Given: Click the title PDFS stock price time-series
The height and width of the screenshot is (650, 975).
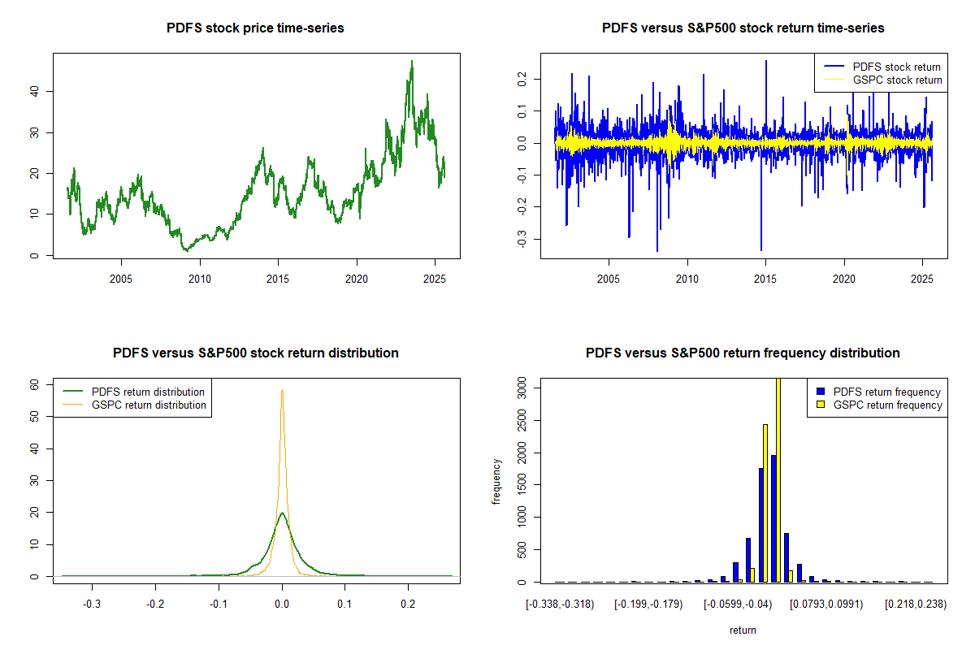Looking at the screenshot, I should [255, 28].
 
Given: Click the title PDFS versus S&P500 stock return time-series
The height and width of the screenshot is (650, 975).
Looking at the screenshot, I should [743, 28].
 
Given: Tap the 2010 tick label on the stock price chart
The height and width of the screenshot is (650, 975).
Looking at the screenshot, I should [200, 279].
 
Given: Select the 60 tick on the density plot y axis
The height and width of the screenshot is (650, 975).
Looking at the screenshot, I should [35, 384].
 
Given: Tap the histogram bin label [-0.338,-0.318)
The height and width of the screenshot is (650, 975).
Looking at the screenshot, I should [560, 604].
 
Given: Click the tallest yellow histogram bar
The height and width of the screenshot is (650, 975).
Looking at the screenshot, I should [778, 479].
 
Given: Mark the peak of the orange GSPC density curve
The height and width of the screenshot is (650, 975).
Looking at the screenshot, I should [282, 391].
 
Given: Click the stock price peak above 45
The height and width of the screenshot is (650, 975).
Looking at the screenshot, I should [412, 62].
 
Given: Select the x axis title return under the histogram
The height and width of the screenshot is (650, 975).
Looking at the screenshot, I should [743, 630].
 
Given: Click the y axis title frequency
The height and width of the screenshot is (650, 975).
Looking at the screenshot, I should [497, 482].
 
